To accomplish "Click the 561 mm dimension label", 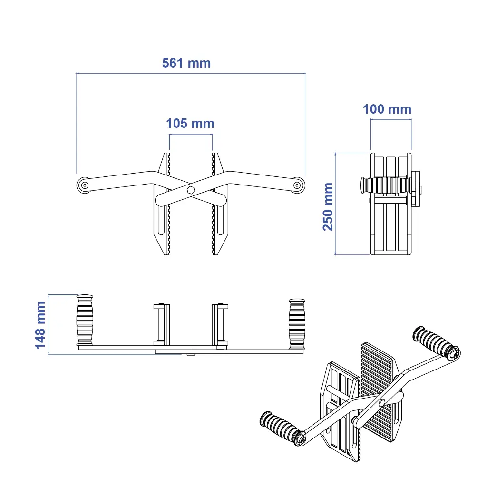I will [186, 63].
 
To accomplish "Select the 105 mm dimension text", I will [190, 124].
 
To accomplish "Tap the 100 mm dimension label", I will [387, 109].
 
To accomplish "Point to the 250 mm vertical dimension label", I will [328, 207].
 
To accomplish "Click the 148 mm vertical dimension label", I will [41, 325].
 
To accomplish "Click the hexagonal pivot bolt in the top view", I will [191, 190].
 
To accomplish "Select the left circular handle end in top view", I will [84, 185].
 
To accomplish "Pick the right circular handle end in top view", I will [298, 185].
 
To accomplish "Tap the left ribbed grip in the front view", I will [85, 320].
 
